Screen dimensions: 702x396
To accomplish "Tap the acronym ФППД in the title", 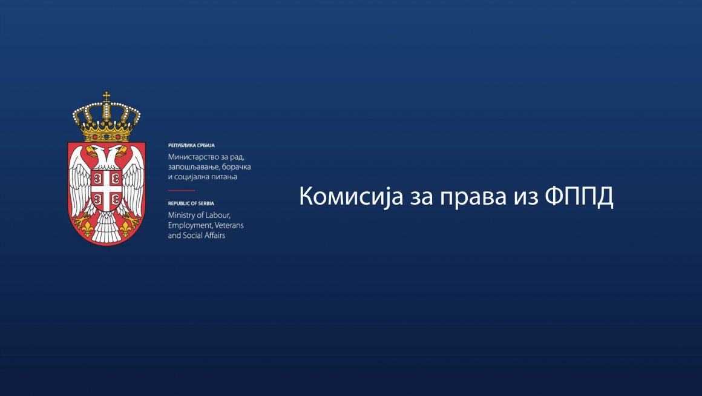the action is click(x=579, y=197).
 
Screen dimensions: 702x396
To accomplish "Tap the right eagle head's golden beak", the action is click(x=122, y=150).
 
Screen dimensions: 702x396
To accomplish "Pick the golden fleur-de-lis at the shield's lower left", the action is click(x=87, y=228).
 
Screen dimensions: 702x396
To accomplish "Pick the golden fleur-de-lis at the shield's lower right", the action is click(x=126, y=228).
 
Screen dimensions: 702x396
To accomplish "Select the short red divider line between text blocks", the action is click(x=182, y=190).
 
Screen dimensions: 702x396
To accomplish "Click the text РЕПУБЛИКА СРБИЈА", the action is click(x=191, y=145).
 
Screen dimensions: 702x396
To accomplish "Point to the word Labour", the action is click(x=218, y=216).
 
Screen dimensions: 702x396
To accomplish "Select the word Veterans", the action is click(x=229, y=225).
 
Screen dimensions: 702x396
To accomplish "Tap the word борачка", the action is click(x=237, y=167).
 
